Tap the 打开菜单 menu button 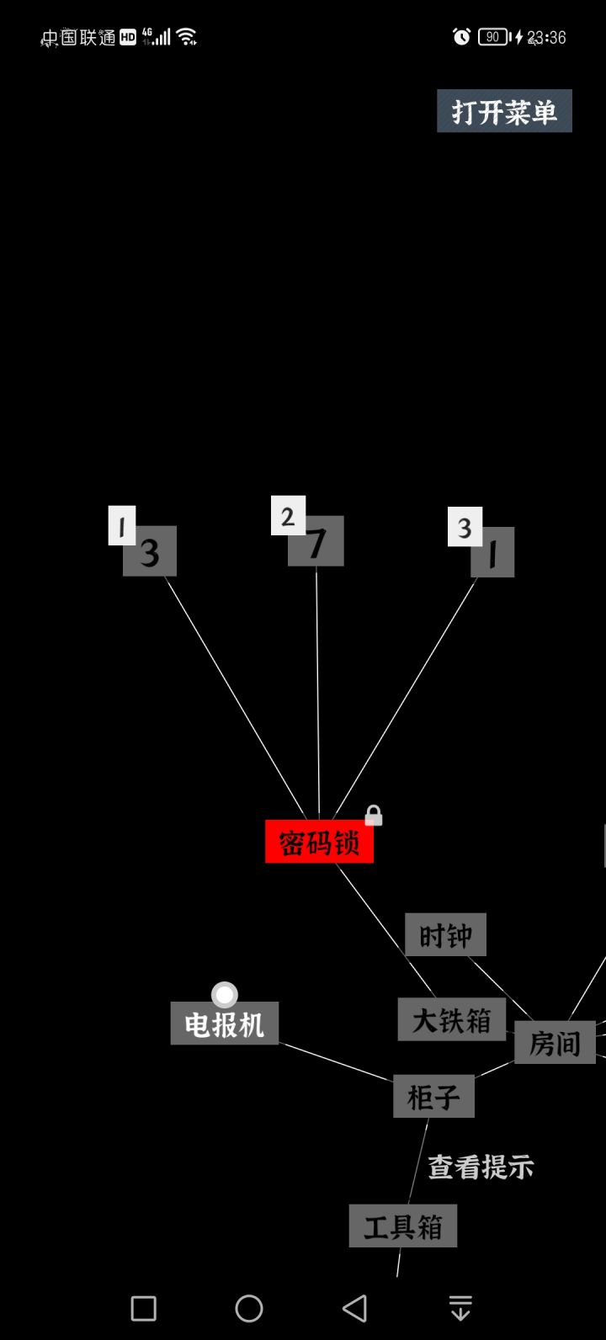[504, 111]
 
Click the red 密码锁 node [320, 841]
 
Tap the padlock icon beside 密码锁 [374, 815]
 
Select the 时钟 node [446, 934]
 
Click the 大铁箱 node [452, 1019]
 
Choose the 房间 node [555, 1042]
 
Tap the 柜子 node [433, 1096]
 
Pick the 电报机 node [225, 1024]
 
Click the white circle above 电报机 [225, 995]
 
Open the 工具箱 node [403, 1226]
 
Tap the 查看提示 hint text [481, 1167]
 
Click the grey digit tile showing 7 [316, 541]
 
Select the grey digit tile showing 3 [150, 551]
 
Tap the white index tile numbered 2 [288, 515]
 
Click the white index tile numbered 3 [465, 527]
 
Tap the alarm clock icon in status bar [461, 37]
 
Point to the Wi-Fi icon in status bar [187, 37]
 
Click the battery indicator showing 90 [494, 37]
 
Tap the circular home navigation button [249, 1308]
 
